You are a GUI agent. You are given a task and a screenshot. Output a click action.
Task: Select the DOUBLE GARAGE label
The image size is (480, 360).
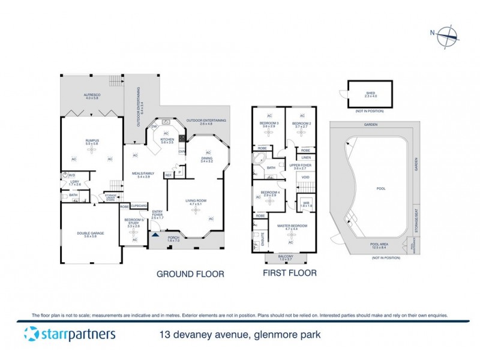click(91, 233)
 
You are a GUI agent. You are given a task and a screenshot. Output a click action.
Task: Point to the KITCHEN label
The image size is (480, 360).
click(166, 140)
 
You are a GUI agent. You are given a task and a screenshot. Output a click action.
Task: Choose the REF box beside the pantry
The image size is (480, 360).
click(169, 175)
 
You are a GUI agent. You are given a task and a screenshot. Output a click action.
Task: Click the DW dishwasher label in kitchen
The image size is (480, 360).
click(154, 127)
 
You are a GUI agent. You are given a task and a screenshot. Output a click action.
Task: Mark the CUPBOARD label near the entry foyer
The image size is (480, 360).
click(139, 205)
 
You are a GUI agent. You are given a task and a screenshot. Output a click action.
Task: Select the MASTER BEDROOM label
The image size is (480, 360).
click(292, 226)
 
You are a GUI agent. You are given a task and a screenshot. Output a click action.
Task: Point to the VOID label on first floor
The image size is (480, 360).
click(305, 178)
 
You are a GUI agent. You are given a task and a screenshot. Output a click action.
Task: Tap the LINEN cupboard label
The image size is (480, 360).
click(305, 157)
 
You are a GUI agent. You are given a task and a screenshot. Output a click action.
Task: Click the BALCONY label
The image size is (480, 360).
click(285, 256)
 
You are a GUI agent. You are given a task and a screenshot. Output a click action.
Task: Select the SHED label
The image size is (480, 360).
click(370, 94)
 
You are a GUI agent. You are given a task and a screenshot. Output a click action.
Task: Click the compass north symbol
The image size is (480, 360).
click(446, 37)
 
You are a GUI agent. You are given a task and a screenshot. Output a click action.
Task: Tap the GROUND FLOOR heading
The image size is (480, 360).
click(190, 274)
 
